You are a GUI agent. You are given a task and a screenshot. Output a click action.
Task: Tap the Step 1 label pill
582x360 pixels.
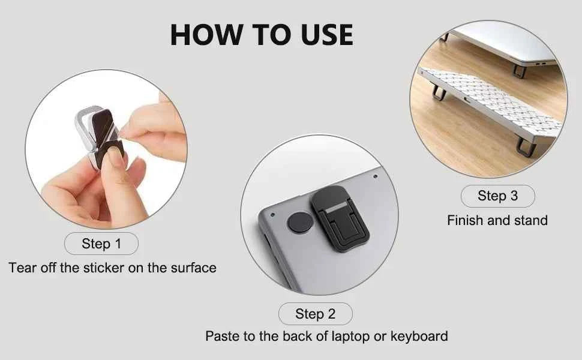101,244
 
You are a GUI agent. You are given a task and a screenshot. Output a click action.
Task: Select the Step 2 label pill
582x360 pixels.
315,314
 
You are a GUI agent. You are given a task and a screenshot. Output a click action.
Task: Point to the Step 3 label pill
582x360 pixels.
497,196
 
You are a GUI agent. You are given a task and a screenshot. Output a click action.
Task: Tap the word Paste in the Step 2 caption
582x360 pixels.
221,336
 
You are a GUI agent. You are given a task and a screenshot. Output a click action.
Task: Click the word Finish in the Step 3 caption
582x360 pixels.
466,221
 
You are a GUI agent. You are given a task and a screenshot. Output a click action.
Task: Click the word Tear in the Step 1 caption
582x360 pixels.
22,268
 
